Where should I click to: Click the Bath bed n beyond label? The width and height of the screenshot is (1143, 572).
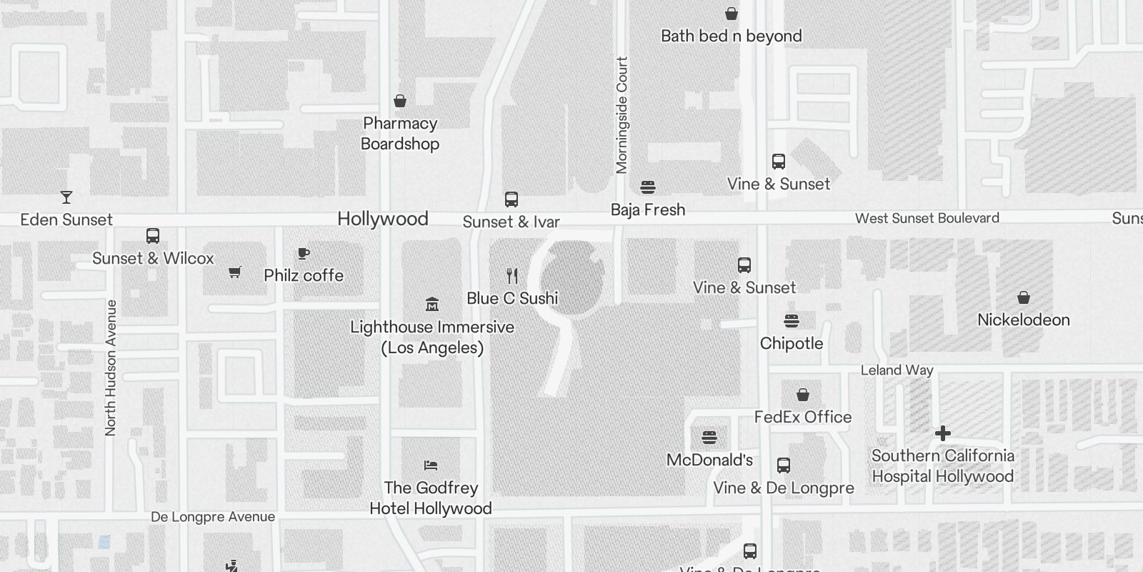731,36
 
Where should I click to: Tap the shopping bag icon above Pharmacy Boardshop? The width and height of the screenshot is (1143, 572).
400,101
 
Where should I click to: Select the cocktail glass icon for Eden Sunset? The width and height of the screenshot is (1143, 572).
66,197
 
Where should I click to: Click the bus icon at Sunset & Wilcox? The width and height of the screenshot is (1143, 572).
152,236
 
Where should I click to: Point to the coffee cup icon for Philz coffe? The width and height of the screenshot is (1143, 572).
303,253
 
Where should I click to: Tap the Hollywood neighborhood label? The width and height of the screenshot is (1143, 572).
383,219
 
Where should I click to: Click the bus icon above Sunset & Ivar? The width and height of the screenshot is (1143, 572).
511,199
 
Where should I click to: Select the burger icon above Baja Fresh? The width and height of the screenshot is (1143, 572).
648,187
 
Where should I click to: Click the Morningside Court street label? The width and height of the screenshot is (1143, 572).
622,114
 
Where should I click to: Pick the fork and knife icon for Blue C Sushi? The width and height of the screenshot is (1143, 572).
511,276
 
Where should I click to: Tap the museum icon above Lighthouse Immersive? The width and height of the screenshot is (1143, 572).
431,305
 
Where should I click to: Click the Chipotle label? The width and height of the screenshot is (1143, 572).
791,343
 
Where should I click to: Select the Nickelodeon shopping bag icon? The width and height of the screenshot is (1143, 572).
1023,297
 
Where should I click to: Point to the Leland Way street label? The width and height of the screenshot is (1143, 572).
897,370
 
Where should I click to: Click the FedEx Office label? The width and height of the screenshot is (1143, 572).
802,417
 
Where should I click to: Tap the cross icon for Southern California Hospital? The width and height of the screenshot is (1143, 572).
942,433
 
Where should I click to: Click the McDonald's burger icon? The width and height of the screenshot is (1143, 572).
709,438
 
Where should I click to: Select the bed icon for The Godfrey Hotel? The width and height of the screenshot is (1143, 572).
430,465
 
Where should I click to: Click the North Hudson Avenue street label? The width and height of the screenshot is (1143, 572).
110,368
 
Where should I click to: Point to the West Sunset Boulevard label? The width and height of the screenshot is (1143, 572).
927,218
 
